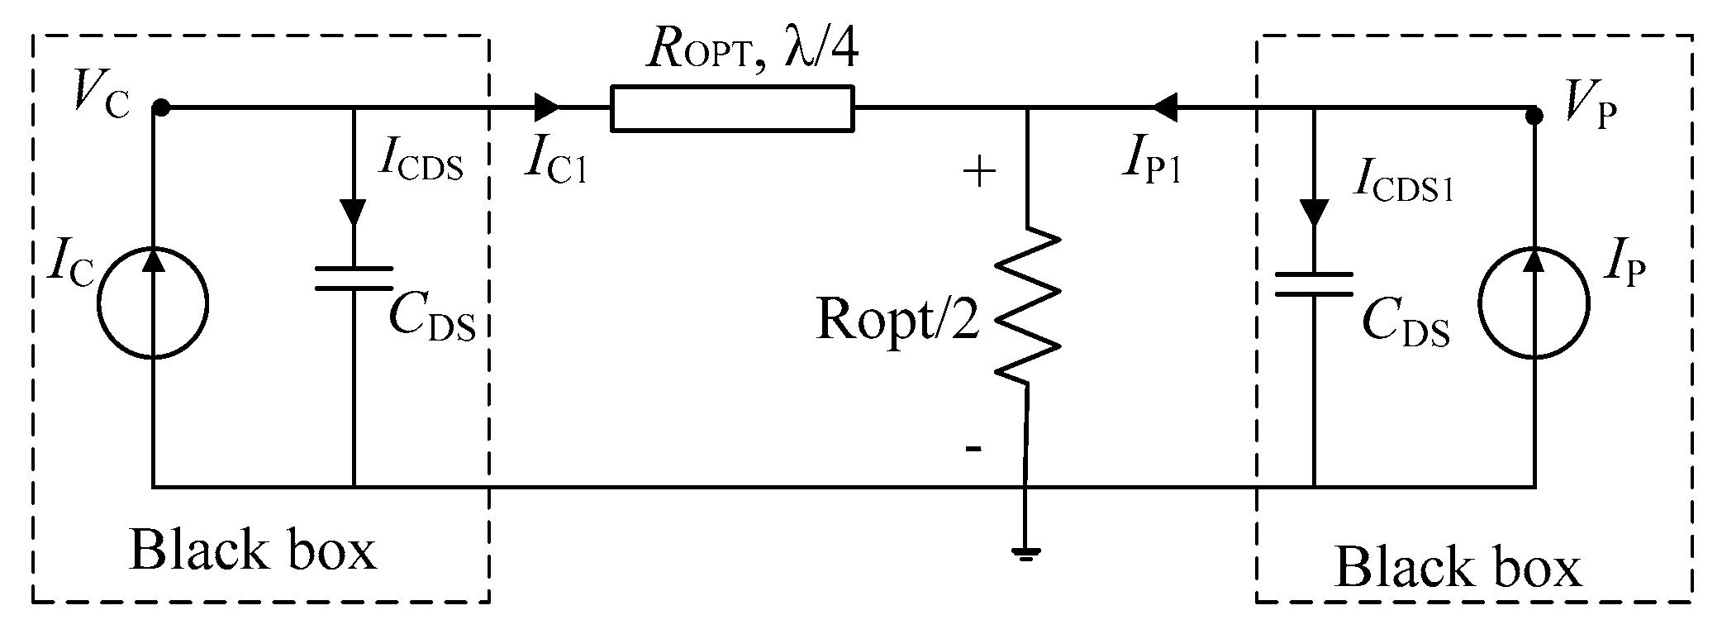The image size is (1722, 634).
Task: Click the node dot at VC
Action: click(162, 107)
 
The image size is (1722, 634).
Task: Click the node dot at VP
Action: click(1534, 116)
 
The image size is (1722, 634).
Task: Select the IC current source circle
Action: click(153, 304)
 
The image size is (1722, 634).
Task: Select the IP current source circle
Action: click(1534, 304)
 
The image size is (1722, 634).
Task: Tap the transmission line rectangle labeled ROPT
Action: click(732, 108)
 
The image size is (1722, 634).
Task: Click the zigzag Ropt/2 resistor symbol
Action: click(1027, 306)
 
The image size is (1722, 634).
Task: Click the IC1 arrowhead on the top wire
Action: click(547, 107)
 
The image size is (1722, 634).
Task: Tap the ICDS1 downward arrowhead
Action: click(1313, 212)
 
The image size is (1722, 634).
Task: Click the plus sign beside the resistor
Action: click(979, 173)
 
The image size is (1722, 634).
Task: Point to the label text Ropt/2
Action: click(897, 319)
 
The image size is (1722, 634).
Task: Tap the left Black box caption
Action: click(253, 551)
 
